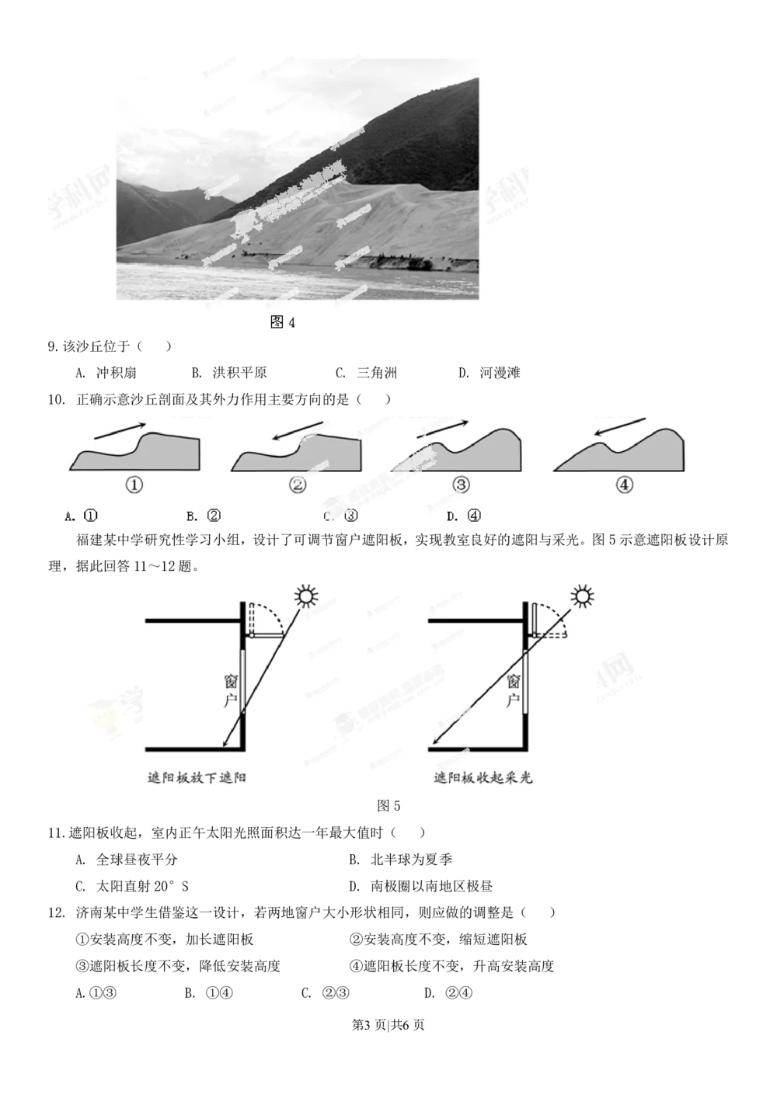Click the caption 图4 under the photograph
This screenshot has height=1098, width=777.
click(x=283, y=322)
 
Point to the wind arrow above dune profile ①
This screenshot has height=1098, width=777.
click(x=119, y=431)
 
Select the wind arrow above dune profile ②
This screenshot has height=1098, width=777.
click(x=297, y=431)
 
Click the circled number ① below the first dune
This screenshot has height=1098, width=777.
click(x=134, y=485)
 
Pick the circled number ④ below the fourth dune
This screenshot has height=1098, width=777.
click(x=625, y=485)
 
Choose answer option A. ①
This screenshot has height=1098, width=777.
click(x=82, y=516)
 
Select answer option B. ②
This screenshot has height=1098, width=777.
click(x=204, y=516)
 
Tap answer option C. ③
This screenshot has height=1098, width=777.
click(x=342, y=516)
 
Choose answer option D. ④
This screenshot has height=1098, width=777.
click(x=465, y=516)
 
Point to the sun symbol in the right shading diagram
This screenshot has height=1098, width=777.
click(x=582, y=596)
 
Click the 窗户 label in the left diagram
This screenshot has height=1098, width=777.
click(x=231, y=690)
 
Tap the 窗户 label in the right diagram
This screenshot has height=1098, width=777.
click(x=513, y=690)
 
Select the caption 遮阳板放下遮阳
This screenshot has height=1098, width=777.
click(x=197, y=777)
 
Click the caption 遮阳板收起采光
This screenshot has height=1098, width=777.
click(x=483, y=777)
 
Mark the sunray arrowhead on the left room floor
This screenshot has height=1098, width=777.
click(x=225, y=745)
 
